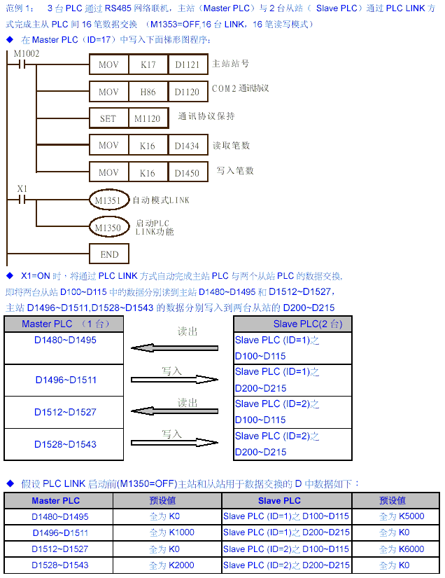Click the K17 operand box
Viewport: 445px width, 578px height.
pos(148,64)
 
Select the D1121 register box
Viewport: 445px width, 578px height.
pos(188,64)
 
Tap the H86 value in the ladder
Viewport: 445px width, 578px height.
pos(148,91)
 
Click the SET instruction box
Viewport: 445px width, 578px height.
pos(108,118)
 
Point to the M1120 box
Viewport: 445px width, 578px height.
pos(148,118)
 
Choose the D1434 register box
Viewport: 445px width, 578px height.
pos(188,145)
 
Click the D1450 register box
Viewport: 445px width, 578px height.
pos(188,172)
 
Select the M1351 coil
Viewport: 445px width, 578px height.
pos(108,200)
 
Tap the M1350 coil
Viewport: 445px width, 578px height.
pos(108,227)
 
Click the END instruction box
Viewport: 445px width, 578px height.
pos(109,254)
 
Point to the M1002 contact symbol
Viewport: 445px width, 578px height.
pos(24,64)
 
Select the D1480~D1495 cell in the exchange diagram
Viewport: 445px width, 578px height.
pos(65,340)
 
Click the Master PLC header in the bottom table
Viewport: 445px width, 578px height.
pos(56,501)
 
